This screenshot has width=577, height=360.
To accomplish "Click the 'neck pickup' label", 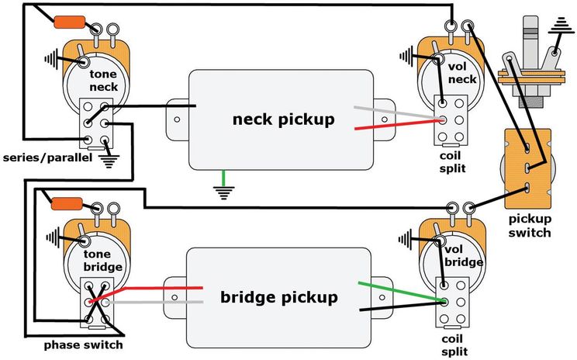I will [x=284, y=119].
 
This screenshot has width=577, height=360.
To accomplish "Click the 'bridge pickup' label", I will [x=279, y=297].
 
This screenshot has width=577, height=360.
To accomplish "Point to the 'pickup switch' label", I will [x=530, y=227].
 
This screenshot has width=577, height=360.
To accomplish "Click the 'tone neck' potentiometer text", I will [x=102, y=81].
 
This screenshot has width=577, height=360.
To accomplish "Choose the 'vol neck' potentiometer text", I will [x=462, y=72].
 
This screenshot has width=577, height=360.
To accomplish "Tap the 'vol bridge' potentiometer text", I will [x=464, y=255].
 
